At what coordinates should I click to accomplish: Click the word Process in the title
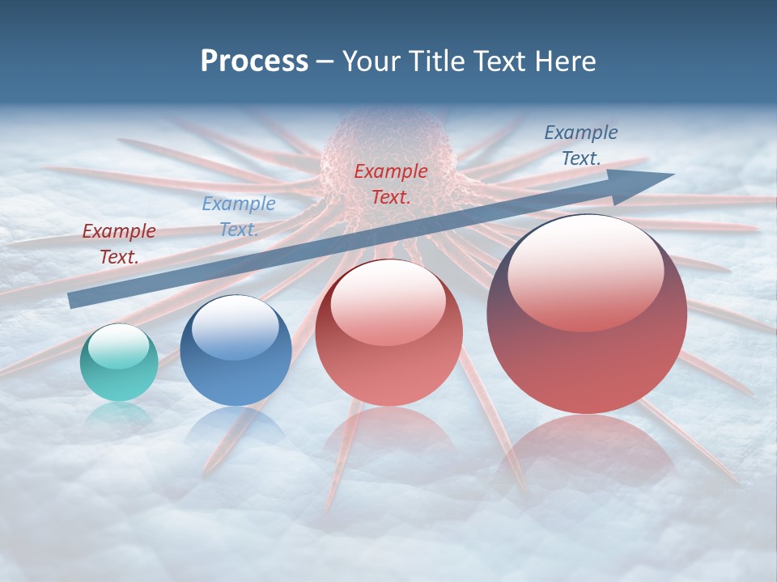(254, 61)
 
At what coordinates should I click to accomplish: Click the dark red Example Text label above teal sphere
(119, 243)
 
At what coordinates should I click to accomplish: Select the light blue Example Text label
(239, 216)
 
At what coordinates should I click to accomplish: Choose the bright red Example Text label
(391, 183)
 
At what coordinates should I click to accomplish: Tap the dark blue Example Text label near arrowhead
(580, 145)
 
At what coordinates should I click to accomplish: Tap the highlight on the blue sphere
(235, 327)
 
